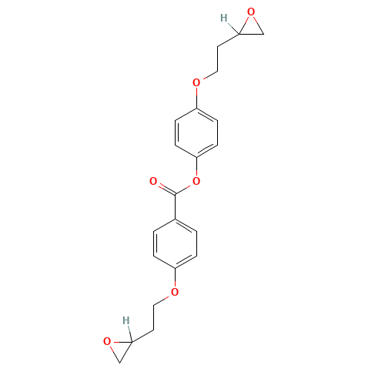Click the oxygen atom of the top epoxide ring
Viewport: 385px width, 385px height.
(x=250, y=13)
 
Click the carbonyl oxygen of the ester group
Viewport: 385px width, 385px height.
(x=154, y=182)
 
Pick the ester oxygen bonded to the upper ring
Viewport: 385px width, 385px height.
(x=196, y=182)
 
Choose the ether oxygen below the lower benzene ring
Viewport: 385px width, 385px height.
(x=176, y=292)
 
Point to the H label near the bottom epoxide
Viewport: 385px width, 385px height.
(x=123, y=320)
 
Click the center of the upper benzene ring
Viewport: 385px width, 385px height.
(x=197, y=132)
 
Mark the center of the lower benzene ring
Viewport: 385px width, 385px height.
(x=176, y=243)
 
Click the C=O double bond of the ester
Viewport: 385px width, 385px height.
(x=165, y=188)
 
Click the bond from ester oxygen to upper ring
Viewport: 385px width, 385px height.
(x=197, y=169)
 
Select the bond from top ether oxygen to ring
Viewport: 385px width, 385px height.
(x=197, y=95)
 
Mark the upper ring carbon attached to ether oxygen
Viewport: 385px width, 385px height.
(x=198, y=107)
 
